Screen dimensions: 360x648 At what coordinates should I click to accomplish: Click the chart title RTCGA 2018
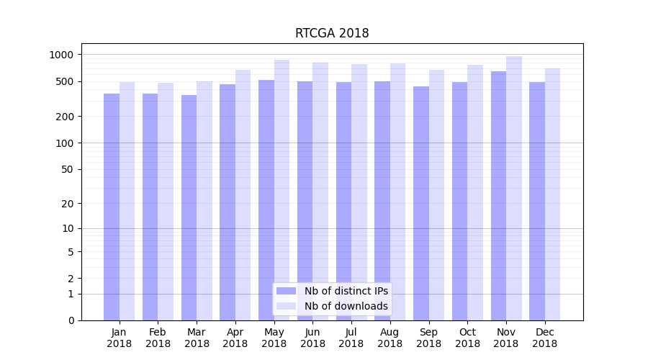pyautogui.click(x=332, y=33)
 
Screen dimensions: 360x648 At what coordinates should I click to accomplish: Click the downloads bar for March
pyautogui.click(x=204, y=201)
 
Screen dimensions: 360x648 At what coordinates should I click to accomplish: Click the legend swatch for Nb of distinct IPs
pyautogui.click(x=286, y=291)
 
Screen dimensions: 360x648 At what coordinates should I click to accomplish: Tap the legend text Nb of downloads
pyautogui.click(x=346, y=306)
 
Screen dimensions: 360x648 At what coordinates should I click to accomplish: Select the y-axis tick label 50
pyautogui.click(x=68, y=170)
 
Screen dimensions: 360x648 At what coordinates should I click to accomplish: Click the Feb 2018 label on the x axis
pyautogui.click(x=158, y=338)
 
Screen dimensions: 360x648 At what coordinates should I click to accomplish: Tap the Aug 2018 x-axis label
pyautogui.click(x=390, y=338)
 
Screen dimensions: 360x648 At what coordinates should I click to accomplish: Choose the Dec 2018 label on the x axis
pyautogui.click(x=545, y=338)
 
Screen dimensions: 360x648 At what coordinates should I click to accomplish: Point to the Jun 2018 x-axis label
pyautogui.click(x=312, y=338)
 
